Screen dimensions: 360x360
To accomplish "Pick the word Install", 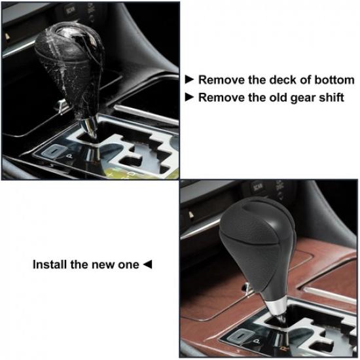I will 50,264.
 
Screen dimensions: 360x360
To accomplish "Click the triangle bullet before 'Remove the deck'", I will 190,80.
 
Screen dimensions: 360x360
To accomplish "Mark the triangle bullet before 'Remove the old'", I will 190,98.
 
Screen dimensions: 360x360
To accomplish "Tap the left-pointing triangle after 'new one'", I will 147,264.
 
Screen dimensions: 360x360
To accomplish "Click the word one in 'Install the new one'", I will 128,264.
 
